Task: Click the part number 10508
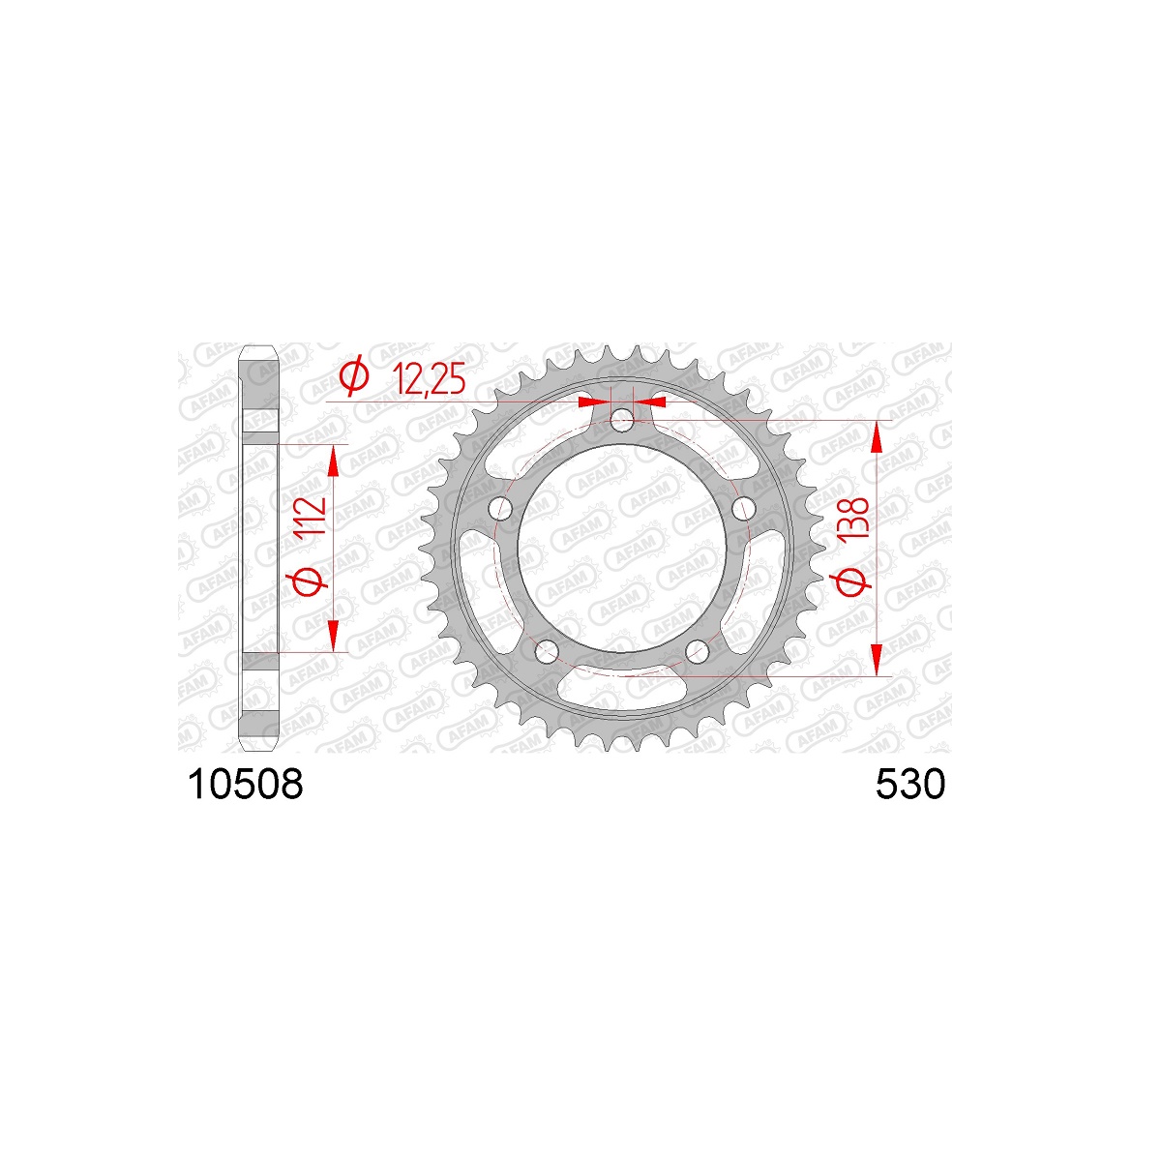(245, 785)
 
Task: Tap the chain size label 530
(910, 785)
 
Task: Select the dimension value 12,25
(429, 379)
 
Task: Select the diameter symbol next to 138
(850, 581)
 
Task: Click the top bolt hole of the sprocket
(622, 421)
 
